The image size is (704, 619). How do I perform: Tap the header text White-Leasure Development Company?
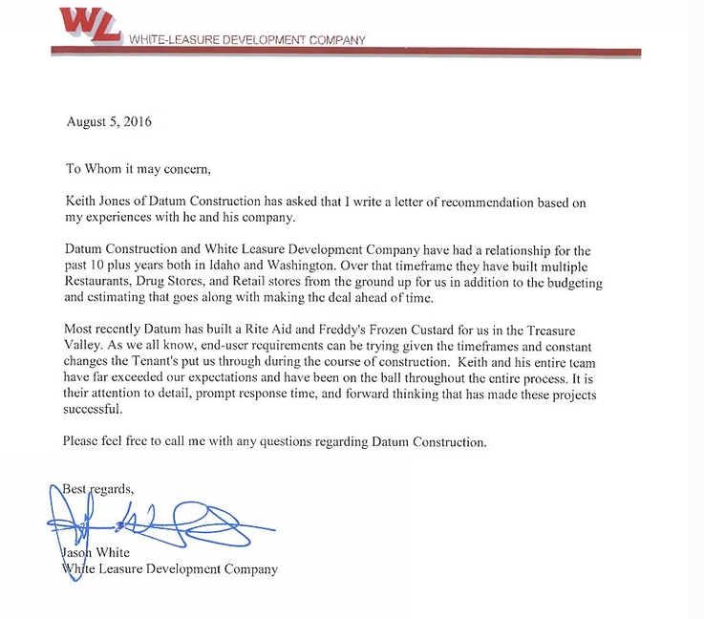245,40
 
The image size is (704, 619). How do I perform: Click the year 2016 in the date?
135,122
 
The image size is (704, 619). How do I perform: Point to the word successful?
93,410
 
